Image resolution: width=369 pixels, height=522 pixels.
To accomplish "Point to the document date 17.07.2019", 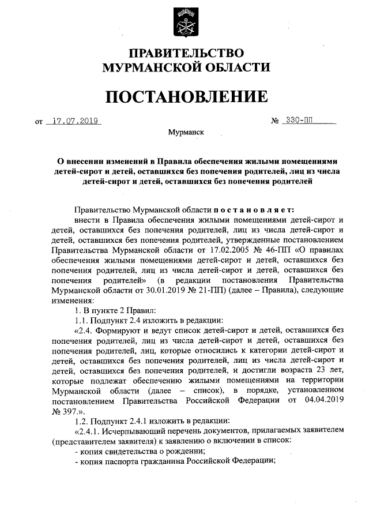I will [x=73, y=121].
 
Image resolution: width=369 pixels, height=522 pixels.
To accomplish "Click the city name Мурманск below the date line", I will [x=186, y=132].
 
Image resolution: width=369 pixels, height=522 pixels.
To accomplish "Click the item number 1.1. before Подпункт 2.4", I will [x=85, y=320].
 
